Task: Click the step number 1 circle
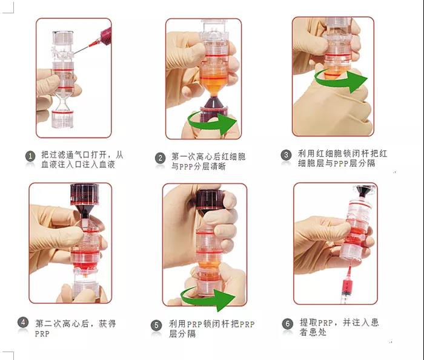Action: (30, 156)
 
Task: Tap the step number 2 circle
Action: (160, 159)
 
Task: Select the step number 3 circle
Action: (286, 155)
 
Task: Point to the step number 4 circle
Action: (23, 322)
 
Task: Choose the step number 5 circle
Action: (156, 326)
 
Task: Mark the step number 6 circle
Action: (288, 324)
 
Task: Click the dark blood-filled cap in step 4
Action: (85, 194)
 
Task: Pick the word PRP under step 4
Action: (42, 334)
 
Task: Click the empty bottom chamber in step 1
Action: (62, 119)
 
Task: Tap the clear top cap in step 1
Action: (63, 38)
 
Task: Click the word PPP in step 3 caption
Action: (341, 163)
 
